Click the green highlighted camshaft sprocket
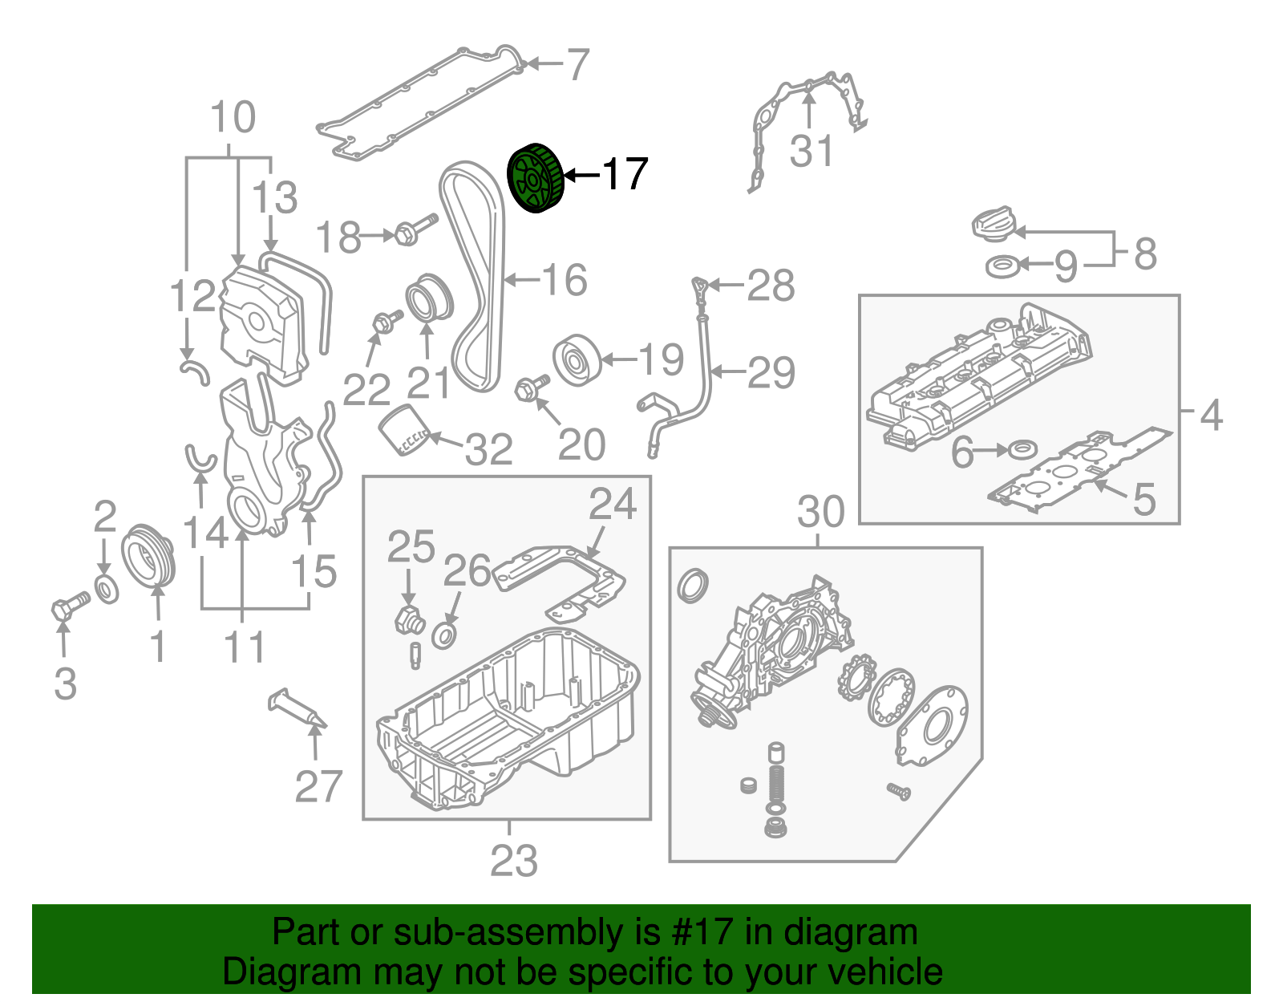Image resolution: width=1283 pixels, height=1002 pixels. (x=536, y=180)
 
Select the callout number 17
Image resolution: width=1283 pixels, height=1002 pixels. (x=625, y=174)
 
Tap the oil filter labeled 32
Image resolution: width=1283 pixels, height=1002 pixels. (x=403, y=431)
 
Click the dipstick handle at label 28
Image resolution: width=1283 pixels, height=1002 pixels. (x=700, y=286)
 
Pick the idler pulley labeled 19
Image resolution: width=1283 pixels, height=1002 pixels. (x=577, y=360)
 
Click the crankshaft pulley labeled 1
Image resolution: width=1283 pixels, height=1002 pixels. (x=148, y=556)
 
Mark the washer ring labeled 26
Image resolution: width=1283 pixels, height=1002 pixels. (x=445, y=636)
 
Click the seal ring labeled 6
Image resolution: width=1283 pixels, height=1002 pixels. (x=1022, y=449)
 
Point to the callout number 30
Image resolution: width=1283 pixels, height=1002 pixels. (x=821, y=511)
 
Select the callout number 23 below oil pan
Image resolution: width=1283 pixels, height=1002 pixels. (x=513, y=861)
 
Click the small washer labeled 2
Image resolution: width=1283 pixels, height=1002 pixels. (x=106, y=588)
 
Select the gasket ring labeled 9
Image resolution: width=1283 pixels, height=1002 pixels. (x=1002, y=266)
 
